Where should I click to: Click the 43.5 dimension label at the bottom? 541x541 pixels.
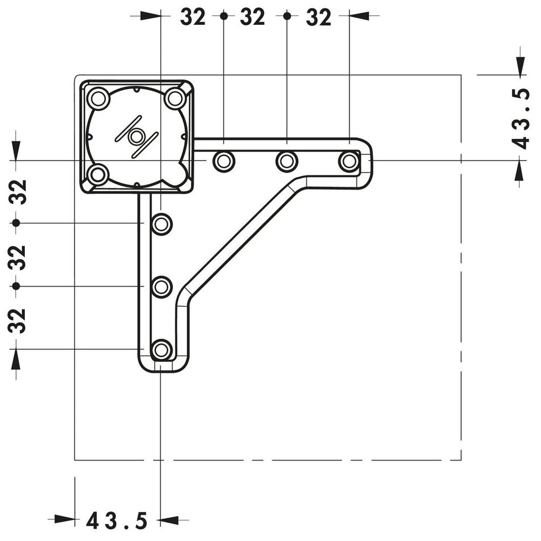click(117, 520)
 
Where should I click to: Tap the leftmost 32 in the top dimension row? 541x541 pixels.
click(193, 16)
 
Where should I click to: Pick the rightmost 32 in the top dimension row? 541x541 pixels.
click(319, 16)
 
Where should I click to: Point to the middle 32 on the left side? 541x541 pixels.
click(17, 257)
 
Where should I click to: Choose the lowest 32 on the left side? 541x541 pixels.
click(17, 321)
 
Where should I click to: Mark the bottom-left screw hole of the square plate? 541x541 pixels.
click(97, 174)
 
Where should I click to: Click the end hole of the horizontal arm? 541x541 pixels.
click(350, 161)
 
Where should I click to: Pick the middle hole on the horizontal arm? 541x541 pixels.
click(287, 161)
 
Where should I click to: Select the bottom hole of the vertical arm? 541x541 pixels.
click(162, 350)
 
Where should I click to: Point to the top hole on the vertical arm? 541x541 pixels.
click(162, 224)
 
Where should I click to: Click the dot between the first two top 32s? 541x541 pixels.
click(224, 15)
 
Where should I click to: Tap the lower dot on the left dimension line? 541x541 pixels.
click(16, 286)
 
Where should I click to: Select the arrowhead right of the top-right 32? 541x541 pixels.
click(359, 15)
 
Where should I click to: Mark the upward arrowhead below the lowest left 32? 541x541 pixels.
click(16, 359)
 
